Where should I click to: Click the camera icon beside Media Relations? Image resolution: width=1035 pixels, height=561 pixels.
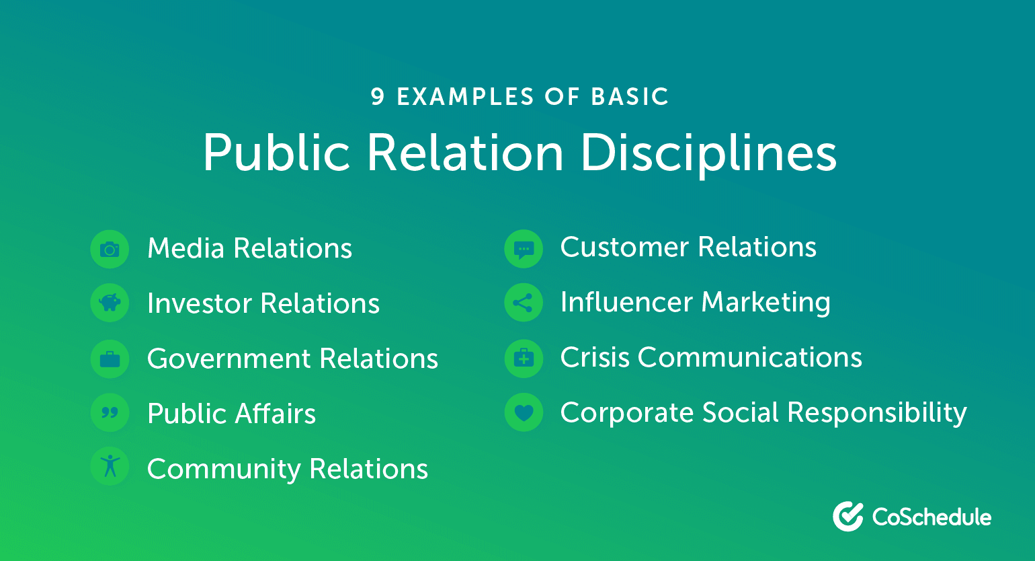(x=110, y=250)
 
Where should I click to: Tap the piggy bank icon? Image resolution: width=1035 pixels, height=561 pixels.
(x=110, y=303)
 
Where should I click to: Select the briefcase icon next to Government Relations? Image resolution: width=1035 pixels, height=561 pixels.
(x=110, y=359)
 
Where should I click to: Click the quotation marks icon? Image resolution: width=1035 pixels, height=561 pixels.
(x=110, y=412)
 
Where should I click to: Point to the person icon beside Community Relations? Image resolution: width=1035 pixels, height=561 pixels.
(x=110, y=465)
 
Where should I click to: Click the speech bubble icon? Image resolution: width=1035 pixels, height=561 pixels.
(x=524, y=250)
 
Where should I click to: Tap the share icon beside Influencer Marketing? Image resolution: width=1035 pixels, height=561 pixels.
(x=523, y=303)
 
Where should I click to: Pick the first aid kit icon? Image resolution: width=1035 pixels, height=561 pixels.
(x=524, y=358)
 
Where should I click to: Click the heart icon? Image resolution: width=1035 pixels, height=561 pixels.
(x=524, y=412)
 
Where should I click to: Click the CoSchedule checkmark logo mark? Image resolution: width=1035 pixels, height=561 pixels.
(x=848, y=516)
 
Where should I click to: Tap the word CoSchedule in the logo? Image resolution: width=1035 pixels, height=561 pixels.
(x=931, y=517)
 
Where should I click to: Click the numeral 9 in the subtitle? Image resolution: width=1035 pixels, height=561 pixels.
(x=378, y=97)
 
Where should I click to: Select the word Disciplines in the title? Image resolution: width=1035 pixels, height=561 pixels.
(x=708, y=153)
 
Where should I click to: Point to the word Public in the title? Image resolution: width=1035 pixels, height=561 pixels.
(x=276, y=153)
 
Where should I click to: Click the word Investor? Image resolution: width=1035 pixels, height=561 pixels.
(x=200, y=303)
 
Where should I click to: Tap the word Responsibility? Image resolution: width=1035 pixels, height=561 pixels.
(x=877, y=413)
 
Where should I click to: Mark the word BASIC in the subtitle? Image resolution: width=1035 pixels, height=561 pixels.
(x=630, y=97)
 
